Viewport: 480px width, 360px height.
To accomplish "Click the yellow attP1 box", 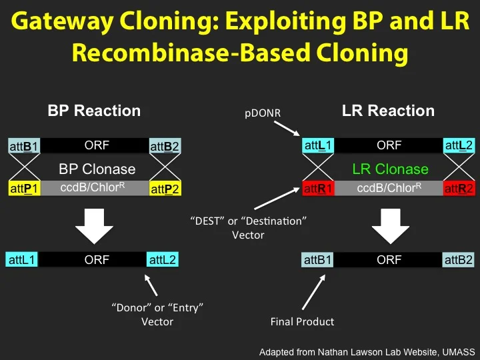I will coord(23,189).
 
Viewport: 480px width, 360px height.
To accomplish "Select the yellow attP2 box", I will coord(165,189).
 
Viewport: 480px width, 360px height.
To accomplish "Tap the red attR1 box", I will coord(318,189).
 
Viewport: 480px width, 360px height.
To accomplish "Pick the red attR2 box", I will coord(459,189).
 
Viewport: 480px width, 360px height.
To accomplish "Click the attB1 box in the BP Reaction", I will coord(23,146).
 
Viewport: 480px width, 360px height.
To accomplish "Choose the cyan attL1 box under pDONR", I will coord(318,145).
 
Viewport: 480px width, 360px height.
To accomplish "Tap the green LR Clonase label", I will coord(389,169).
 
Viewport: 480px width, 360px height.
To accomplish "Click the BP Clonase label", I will coord(97,169).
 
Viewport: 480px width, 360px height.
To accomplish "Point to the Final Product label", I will coord(302,321).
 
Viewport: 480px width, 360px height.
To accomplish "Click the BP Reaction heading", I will coord(94,111).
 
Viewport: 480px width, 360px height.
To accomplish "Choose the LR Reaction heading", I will coord(388,111).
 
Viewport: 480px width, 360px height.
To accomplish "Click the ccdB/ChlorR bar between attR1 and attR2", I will coord(389,189).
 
